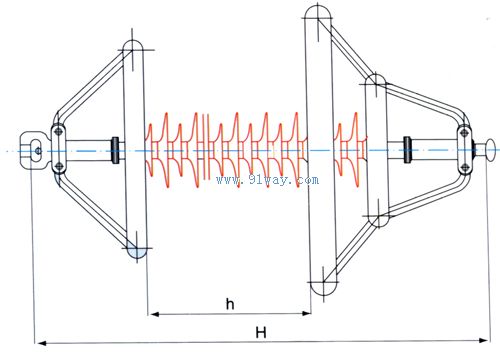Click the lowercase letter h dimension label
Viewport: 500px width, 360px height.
click(230, 304)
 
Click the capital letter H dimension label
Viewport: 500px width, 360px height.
click(261, 332)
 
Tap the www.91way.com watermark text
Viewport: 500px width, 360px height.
click(267, 180)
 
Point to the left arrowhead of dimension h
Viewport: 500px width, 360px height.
click(154, 314)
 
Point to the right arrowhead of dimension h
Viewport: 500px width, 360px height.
click(306, 313)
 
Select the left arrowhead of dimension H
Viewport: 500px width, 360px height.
click(41, 342)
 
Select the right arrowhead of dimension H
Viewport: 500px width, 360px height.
click(483, 340)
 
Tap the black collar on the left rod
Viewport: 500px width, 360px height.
click(115, 150)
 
